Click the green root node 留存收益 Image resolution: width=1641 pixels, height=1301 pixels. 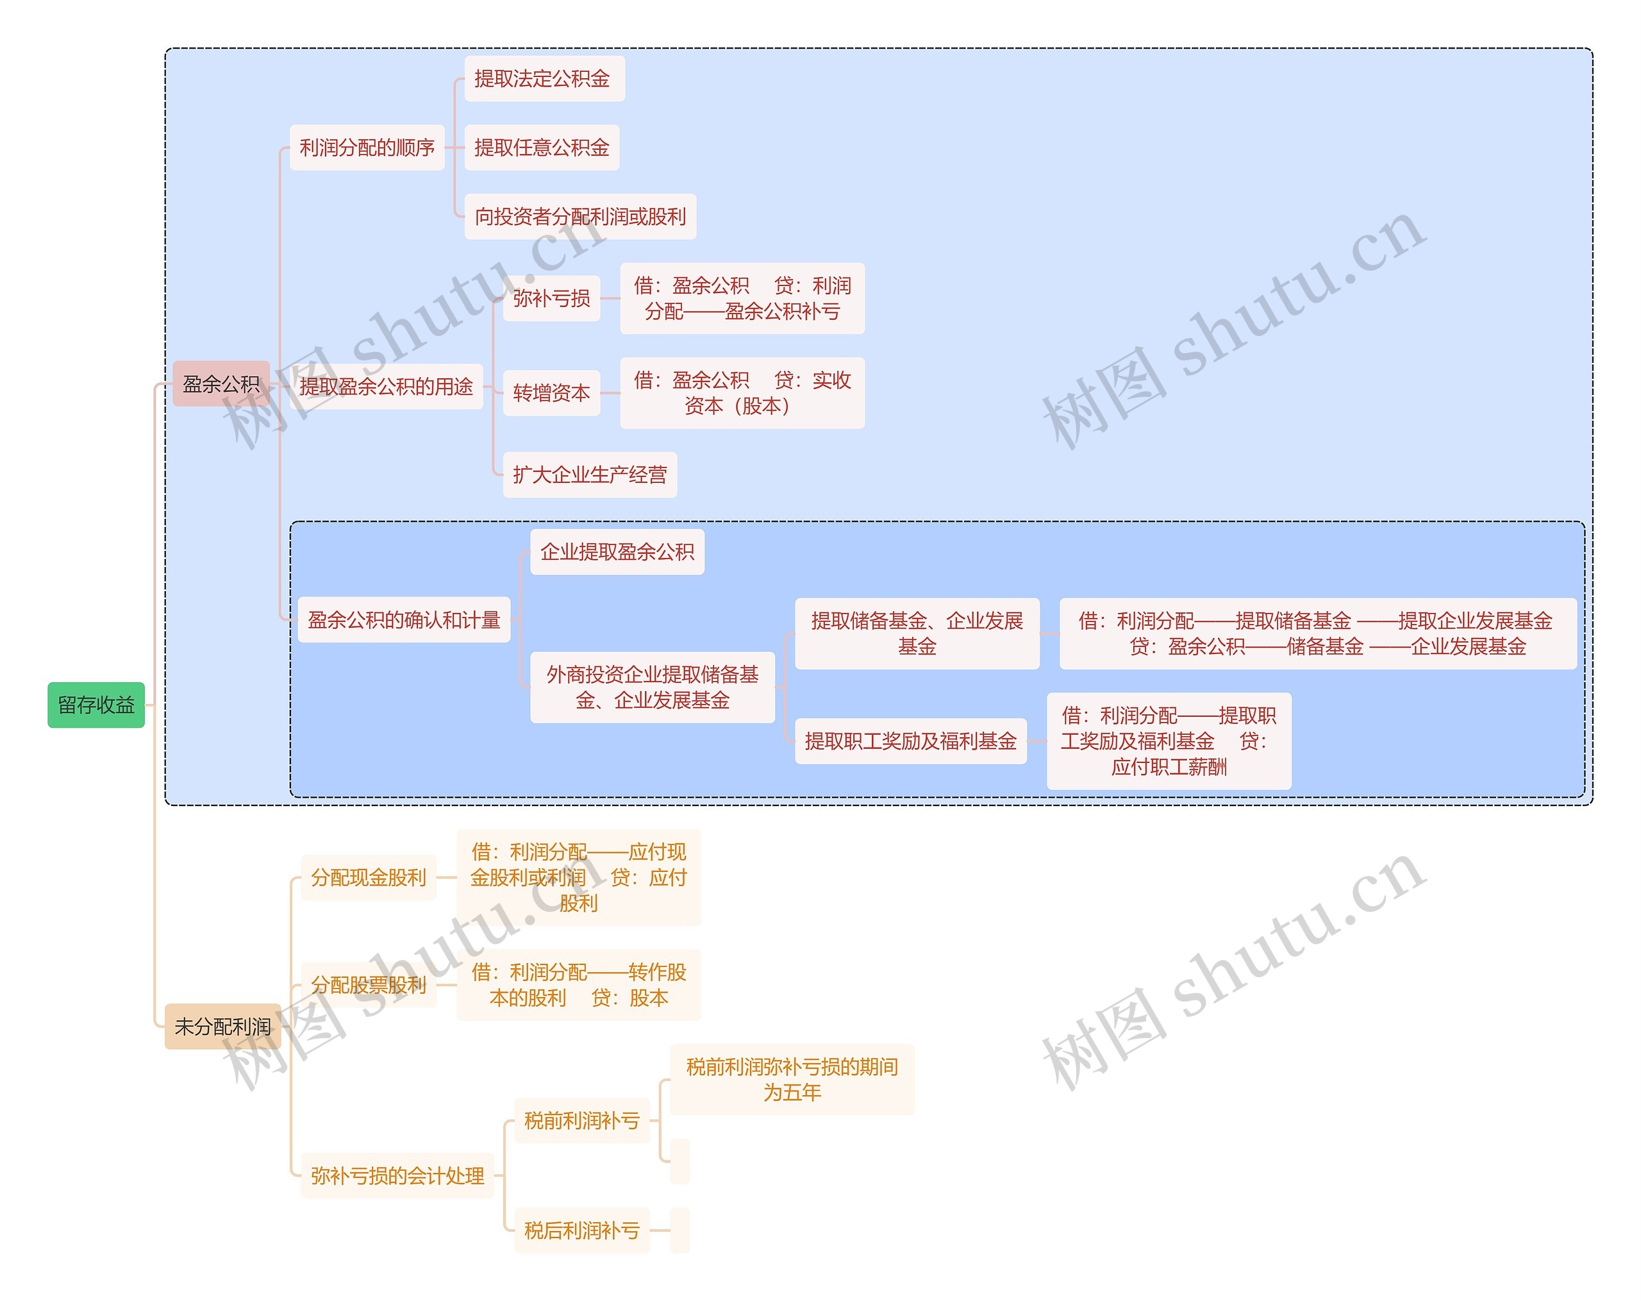[x=96, y=705]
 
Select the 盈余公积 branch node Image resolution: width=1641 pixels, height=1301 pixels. [x=221, y=383]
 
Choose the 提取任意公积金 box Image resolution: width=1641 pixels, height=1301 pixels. [x=542, y=147]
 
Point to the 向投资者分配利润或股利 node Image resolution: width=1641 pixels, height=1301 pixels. [x=580, y=217]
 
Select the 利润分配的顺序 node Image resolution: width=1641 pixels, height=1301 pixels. [x=367, y=147]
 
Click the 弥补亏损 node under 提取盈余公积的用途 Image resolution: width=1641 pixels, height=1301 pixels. [x=551, y=298]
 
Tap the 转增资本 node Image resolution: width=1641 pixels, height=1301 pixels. [x=551, y=393]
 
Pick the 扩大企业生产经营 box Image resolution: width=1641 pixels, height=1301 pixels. [x=590, y=475]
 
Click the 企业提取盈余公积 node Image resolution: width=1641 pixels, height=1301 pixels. [x=617, y=552]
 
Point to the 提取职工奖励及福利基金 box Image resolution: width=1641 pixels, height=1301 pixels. [x=910, y=741]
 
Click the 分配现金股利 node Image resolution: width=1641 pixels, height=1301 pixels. [x=369, y=878]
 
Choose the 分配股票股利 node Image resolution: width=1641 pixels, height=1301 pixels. [x=369, y=985]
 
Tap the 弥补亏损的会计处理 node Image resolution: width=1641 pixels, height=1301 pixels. [x=397, y=1175]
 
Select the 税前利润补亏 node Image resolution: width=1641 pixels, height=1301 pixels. [x=581, y=1121]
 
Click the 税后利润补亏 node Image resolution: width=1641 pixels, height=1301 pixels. [x=581, y=1230]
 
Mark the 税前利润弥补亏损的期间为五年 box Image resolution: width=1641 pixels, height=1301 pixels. [x=792, y=1080]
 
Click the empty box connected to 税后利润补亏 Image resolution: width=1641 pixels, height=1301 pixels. [x=679, y=1230]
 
